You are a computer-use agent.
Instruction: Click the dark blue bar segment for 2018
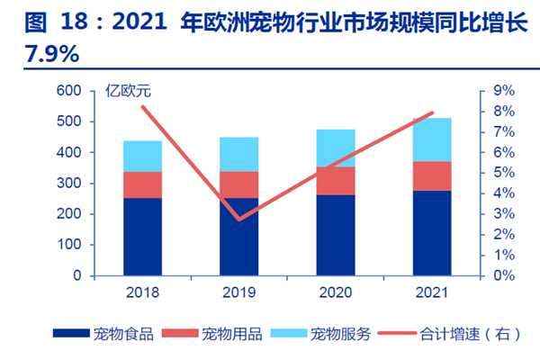pos(143,237)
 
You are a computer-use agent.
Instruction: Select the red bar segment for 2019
pos(239,184)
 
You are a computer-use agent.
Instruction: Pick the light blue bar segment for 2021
pos(432,139)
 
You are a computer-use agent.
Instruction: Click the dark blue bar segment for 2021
pos(432,232)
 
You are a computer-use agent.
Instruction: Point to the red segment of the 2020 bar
pos(336,181)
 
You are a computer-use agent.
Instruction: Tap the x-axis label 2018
pos(143,292)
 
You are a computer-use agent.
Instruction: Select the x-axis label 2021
pos(432,292)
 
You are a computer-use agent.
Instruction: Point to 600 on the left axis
pos(69,91)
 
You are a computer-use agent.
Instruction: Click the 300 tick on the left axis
pos(69,184)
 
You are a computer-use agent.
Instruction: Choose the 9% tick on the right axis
pos(503,91)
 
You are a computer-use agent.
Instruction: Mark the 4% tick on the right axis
pos(503,193)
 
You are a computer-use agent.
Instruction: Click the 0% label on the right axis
pos(503,275)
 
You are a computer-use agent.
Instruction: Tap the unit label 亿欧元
pos(127,91)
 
